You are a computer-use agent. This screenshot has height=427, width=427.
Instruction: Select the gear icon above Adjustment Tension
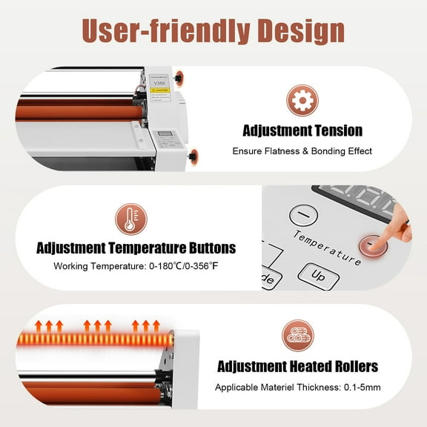point(302,100)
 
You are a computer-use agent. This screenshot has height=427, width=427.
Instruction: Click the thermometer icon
point(130,220)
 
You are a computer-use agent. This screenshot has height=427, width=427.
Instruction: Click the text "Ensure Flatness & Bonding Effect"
point(302,151)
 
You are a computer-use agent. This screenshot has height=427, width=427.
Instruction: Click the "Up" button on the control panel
point(318,275)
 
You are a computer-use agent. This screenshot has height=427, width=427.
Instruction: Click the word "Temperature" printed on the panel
point(326,247)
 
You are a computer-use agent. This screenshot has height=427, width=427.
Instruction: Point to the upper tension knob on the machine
point(181,77)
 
